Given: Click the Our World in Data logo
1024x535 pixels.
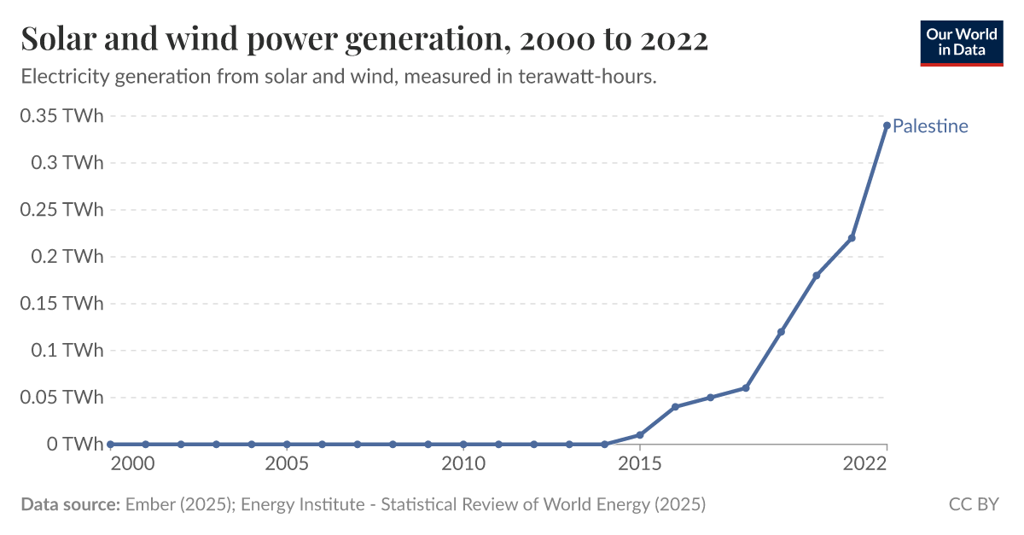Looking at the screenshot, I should coord(961,40).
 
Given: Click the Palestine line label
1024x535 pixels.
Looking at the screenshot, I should coord(930,126).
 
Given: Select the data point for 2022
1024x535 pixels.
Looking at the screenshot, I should coord(887,125).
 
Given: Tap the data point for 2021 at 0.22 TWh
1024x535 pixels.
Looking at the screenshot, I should coord(852,238).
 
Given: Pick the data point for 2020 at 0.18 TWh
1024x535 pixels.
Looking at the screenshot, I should coord(817,276).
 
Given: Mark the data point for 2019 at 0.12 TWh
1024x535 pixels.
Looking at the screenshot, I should coord(781,332).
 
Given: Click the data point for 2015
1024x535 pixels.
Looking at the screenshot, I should coord(640,435).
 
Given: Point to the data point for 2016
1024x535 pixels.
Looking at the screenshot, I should coord(675,407).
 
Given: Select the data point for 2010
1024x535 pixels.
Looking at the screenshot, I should coord(463,445).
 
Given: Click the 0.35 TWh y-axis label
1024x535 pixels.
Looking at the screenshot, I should coord(61,116).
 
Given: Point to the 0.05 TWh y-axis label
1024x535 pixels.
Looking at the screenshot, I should coord(61,397).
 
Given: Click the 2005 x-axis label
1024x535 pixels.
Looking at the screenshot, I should coord(287,464).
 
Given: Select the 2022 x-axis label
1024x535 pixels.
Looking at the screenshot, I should coord(864,464).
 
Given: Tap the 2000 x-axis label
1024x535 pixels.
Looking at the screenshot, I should coord(110,464).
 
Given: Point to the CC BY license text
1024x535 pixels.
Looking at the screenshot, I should coord(974,504).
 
